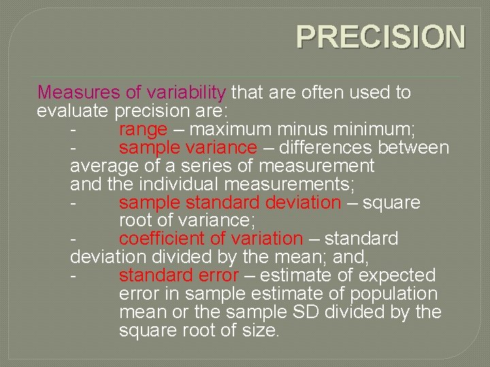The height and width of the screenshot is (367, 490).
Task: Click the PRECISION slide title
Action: click(381, 38)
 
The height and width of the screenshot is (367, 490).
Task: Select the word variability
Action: click(186, 92)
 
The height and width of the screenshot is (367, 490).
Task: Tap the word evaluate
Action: click(73, 111)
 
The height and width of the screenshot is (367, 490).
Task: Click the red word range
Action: click(143, 129)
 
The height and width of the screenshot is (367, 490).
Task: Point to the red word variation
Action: click(267, 239)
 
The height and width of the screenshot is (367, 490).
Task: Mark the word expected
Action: click(404, 276)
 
